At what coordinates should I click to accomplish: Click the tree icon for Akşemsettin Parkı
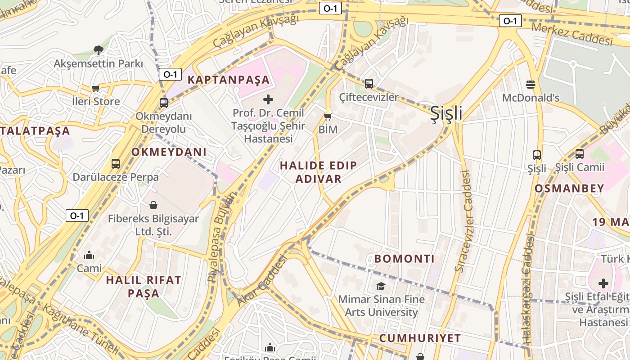(x=98, y=50)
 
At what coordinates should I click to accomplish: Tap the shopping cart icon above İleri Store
(x=95, y=88)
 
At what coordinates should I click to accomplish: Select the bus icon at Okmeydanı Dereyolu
(x=163, y=103)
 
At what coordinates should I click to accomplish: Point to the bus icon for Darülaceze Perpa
(x=116, y=164)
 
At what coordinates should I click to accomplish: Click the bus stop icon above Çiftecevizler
(x=369, y=83)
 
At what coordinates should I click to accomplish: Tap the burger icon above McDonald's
(x=531, y=84)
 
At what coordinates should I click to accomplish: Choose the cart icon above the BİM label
(x=328, y=117)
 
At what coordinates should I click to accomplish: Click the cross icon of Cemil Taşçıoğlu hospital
(x=268, y=99)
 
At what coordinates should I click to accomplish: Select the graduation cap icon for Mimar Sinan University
(x=381, y=286)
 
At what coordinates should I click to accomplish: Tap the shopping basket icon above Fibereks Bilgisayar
(x=153, y=206)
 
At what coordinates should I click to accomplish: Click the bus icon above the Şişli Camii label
(x=579, y=154)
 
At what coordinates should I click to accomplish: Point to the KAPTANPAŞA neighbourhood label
(x=229, y=80)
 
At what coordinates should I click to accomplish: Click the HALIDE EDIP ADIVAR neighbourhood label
(x=319, y=172)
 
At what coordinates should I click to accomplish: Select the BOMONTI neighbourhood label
(x=405, y=259)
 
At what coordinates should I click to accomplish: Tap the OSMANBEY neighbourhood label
(x=569, y=189)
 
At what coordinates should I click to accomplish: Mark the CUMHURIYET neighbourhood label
(x=420, y=338)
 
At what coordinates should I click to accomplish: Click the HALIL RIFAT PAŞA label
(x=144, y=287)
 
